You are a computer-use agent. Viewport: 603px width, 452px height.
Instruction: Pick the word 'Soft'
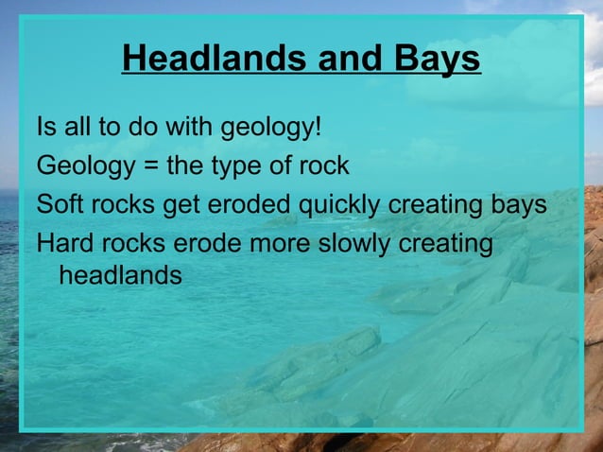click(58, 204)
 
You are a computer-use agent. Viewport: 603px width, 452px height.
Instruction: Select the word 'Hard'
click(62, 243)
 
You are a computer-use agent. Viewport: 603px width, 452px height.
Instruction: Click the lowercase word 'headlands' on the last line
click(120, 277)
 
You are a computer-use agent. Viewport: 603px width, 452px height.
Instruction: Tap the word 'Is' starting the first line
click(45, 127)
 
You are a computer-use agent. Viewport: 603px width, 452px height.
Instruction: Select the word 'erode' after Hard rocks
click(204, 243)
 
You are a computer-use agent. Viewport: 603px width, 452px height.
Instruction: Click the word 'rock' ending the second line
click(325, 166)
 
